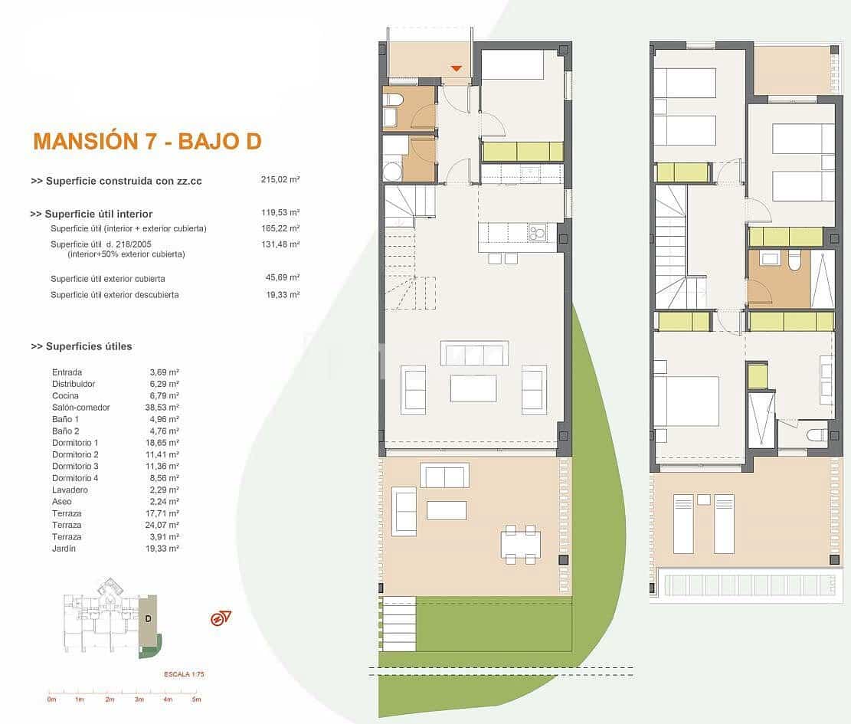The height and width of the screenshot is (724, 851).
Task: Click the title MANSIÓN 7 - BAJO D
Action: [147, 141]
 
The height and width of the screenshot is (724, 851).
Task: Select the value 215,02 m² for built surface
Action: [280, 180]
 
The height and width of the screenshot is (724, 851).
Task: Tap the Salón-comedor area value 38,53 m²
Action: [162, 408]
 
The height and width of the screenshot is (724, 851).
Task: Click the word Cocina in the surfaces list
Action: [65, 395]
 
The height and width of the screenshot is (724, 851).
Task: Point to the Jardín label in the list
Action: [64, 549]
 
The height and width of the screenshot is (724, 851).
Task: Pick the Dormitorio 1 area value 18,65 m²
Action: [162, 443]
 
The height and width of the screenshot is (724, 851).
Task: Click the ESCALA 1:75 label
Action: [185, 674]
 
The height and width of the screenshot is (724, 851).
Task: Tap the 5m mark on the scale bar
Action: [196, 699]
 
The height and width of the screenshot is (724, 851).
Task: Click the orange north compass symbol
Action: [221, 618]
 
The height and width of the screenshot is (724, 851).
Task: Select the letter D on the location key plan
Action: [148, 618]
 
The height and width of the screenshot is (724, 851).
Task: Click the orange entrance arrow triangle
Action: [457, 69]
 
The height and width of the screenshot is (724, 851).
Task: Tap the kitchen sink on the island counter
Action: [537, 231]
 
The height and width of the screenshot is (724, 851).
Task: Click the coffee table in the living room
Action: [473, 388]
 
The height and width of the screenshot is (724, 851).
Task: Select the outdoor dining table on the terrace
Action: [520, 543]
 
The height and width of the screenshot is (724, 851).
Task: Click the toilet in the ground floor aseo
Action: [393, 100]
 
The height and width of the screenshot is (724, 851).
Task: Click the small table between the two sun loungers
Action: [703, 500]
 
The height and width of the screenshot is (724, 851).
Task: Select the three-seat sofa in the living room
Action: [474, 353]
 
